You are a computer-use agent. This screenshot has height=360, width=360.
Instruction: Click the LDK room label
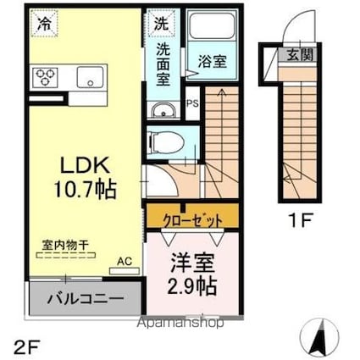[x=86, y=165]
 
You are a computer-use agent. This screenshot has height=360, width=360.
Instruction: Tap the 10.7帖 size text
[x=86, y=190]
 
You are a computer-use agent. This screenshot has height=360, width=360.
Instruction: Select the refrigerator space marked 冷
[x=44, y=24]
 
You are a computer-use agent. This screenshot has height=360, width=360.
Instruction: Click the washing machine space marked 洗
[x=161, y=24]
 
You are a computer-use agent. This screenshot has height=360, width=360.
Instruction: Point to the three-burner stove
[x=45, y=77]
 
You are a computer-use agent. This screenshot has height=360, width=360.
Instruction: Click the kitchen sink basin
[x=90, y=77]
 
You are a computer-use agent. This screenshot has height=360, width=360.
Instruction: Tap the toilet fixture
[x=166, y=141]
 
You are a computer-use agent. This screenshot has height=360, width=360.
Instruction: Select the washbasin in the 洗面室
[x=163, y=110]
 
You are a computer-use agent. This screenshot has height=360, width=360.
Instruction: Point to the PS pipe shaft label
[x=192, y=103]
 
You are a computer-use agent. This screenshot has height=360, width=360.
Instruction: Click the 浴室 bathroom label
[x=212, y=61]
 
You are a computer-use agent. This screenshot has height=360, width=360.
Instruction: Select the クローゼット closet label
[x=193, y=219]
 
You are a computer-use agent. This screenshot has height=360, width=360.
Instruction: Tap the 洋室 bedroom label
[x=193, y=263]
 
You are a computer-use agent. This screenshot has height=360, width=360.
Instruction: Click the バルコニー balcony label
[x=86, y=298]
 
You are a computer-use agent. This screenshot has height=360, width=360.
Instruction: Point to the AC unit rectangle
[x=125, y=271]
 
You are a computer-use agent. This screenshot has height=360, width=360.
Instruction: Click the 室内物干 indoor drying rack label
[x=65, y=245]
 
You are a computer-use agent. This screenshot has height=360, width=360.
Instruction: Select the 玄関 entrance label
[x=300, y=54]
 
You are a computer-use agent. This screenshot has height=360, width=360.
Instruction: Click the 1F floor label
[x=301, y=220]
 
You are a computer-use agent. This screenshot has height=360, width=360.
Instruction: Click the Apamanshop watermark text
[x=180, y=323]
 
